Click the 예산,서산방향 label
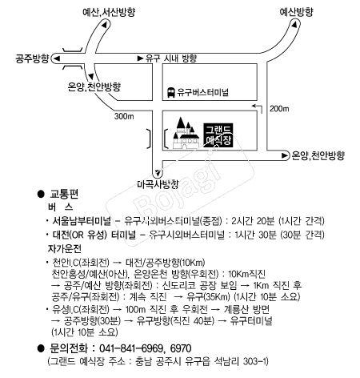pyautogui.click(x=109, y=12)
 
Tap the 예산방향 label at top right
pyautogui.click(x=296, y=12)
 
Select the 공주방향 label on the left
pyautogui.click(x=32, y=58)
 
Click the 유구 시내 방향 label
pyautogui.click(x=171, y=58)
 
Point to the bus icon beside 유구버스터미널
pyautogui.click(x=170, y=92)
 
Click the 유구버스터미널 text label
pyautogui.click(x=203, y=92)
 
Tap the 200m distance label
pyautogui.click(x=279, y=109)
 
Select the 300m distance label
pyautogui.click(x=124, y=116)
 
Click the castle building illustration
pyautogui.click(x=186, y=133)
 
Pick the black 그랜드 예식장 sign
pyautogui.click(x=218, y=135)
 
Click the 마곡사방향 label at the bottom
pyautogui.click(x=158, y=184)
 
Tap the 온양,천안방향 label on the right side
pyautogui.click(x=318, y=155)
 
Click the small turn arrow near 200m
pyautogui.click(x=258, y=107)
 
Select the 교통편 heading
pyautogui.click(x=64, y=194)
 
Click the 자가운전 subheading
pyautogui.click(x=65, y=249)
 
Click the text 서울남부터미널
pyautogui.click(x=82, y=221)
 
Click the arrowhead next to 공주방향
pyautogui.click(x=58, y=58)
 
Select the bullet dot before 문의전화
pyautogui.click(x=41, y=348)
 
